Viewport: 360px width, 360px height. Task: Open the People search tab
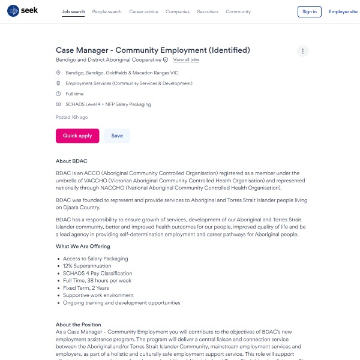(107, 11)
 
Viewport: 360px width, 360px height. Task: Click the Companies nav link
(178, 11)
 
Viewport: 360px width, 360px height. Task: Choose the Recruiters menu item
(208, 11)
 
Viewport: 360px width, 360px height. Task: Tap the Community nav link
(238, 11)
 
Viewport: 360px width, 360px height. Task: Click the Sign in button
(310, 11)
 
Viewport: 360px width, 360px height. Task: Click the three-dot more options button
(303, 51)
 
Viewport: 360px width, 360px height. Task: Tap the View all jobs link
(186, 60)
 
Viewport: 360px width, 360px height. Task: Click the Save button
(117, 136)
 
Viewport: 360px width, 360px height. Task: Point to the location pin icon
(58, 73)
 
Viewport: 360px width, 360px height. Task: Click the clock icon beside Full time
(58, 94)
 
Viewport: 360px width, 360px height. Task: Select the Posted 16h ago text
(71, 117)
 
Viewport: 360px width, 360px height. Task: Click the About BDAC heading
(71, 161)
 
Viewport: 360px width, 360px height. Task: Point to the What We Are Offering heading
(83, 246)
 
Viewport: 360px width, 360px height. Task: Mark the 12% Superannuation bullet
(88, 266)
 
